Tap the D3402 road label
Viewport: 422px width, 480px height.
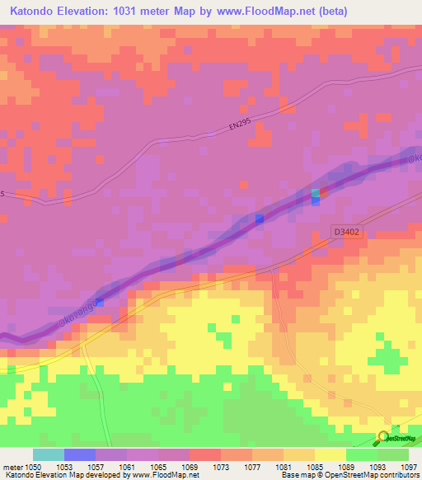point(347,233)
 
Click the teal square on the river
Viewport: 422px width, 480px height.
point(315,193)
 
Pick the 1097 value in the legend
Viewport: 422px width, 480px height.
point(408,467)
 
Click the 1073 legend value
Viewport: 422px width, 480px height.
point(220,467)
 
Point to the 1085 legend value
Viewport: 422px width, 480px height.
point(314,467)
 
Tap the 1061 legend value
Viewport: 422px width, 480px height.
point(127,467)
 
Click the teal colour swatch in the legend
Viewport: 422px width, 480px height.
point(49,454)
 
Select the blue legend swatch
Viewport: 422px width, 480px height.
point(80,454)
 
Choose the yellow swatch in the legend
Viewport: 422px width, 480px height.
point(330,454)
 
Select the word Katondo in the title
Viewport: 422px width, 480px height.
point(34,12)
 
